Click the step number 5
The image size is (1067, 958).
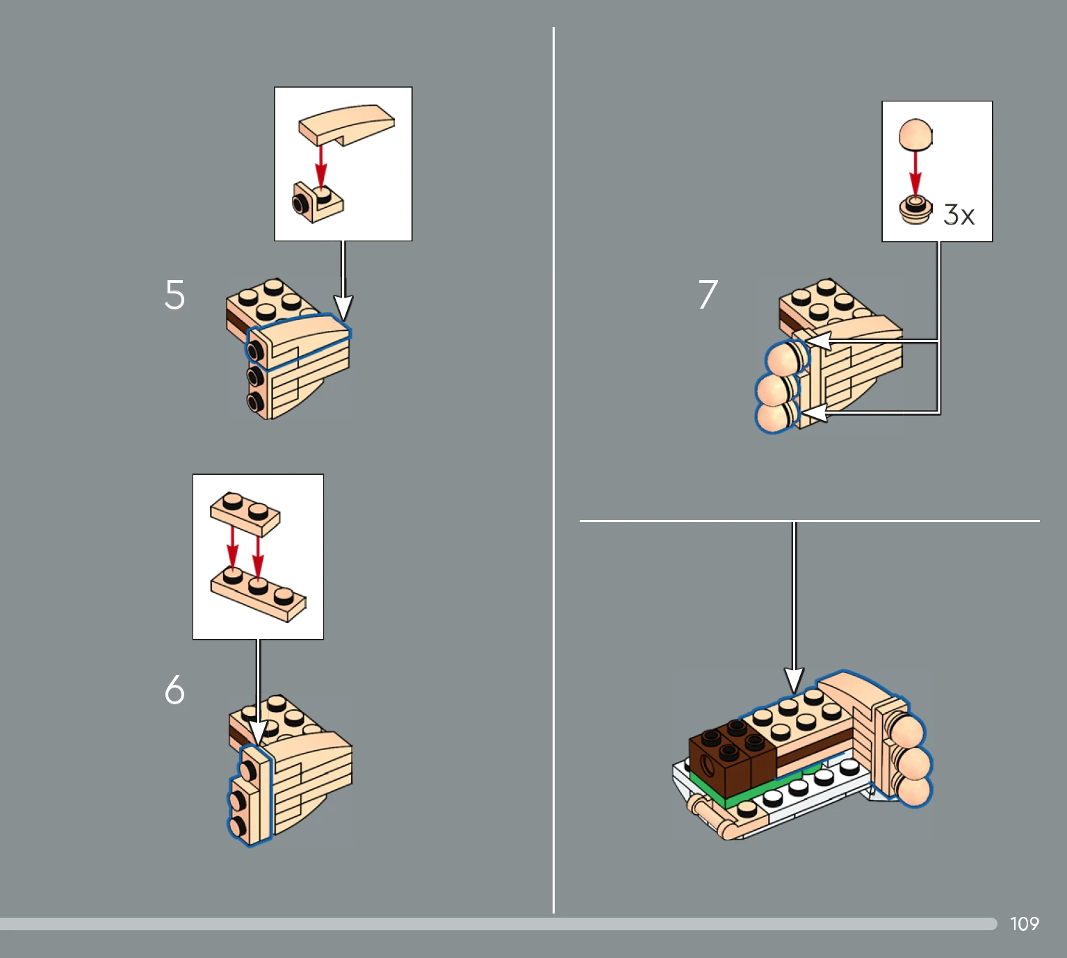tap(175, 295)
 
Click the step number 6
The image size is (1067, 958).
tap(175, 690)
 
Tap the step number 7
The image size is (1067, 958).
tap(708, 294)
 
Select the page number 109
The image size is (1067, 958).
tap(1025, 923)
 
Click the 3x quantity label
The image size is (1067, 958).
tap(959, 215)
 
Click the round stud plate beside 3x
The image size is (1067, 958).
tap(915, 210)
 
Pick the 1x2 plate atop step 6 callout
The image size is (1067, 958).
tap(245, 514)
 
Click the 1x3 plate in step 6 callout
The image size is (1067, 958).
tap(258, 595)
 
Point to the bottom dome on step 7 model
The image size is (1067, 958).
tap(775, 416)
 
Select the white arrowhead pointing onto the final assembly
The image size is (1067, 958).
tap(794, 680)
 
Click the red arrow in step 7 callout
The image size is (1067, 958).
tap(915, 173)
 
